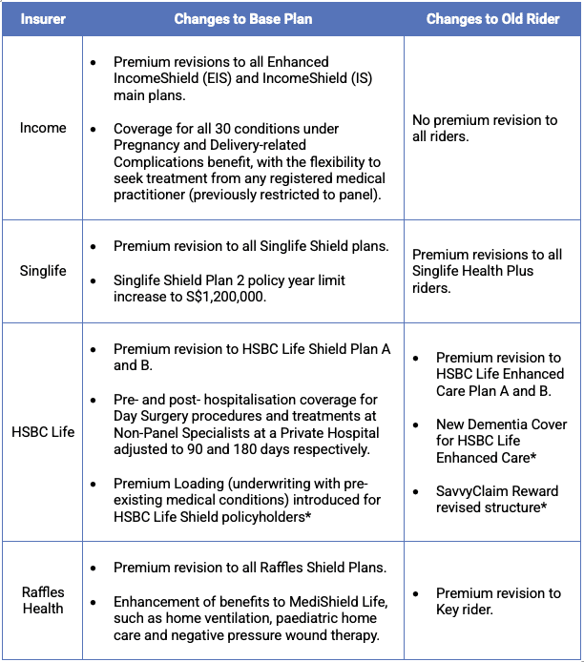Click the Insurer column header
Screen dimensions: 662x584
43,18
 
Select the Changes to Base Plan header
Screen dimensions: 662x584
243,18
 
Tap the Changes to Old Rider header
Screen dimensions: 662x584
492,18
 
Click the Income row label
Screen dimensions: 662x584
43,128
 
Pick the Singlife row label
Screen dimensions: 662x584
43,271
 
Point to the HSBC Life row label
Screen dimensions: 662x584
43,432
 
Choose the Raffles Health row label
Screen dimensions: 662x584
43,600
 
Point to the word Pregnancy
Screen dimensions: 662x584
146,145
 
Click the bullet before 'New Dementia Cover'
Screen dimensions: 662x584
415,424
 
